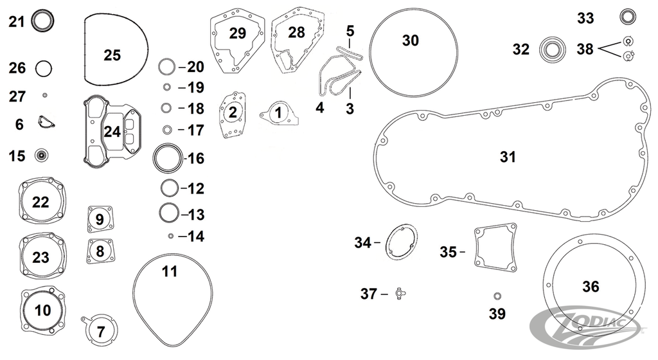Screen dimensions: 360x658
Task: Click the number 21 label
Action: click(x=16, y=22)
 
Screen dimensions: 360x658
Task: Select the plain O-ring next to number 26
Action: click(x=44, y=67)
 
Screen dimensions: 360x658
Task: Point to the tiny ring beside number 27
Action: click(x=45, y=96)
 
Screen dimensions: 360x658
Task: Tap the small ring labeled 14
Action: click(x=171, y=236)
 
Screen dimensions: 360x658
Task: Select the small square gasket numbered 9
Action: click(x=100, y=219)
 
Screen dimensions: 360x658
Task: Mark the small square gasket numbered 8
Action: click(x=100, y=250)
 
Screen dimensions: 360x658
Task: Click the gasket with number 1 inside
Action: click(x=278, y=113)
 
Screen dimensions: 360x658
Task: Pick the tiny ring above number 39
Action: click(x=497, y=296)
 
